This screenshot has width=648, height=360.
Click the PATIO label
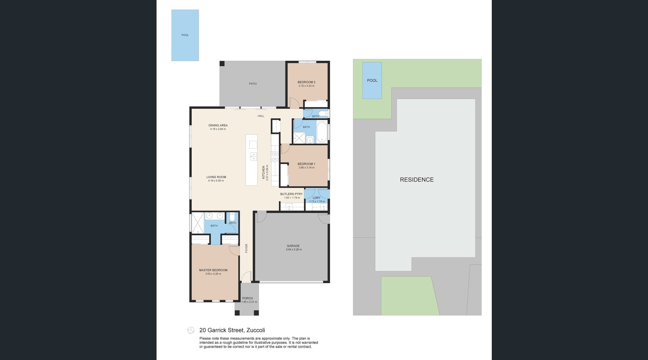pyautogui.click(x=253, y=84)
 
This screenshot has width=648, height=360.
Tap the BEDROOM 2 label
pyautogui.click(x=306, y=82)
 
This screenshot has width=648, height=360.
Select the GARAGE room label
pyautogui.click(x=293, y=246)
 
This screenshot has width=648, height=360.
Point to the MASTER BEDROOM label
pyautogui.click(x=213, y=270)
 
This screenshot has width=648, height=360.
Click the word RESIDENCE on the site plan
pyautogui.click(x=417, y=180)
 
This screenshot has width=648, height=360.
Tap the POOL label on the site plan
pyautogui.click(x=372, y=80)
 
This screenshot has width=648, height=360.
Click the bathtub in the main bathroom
pyautogui.click(x=322, y=132)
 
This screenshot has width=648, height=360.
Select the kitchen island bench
pyautogui.click(x=252, y=160)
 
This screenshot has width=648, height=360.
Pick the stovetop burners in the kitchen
pyautogui.click(x=275, y=157)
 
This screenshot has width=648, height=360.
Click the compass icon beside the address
pyautogui.click(x=191, y=330)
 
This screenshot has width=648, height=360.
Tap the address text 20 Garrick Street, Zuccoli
pyautogui.click(x=232, y=330)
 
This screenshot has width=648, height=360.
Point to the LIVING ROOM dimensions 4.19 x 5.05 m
pyautogui.click(x=216, y=181)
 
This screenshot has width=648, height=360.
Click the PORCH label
pyautogui.click(x=248, y=298)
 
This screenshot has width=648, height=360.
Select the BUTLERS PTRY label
pyautogui.click(x=292, y=194)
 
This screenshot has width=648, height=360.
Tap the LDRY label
pyautogui.click(x=317, y=198)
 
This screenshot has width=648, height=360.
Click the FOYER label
pyautogui.click(x=247, y=248)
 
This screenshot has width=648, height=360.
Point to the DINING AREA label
pyautogui.click(x=218, y=125)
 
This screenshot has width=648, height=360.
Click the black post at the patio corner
pyautogui.click(x=222, y=63)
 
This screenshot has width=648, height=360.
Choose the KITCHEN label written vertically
pyautogui.click(x=264, y=172)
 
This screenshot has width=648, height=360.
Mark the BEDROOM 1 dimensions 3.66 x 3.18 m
pyautogui.click(x=306, y=167)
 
